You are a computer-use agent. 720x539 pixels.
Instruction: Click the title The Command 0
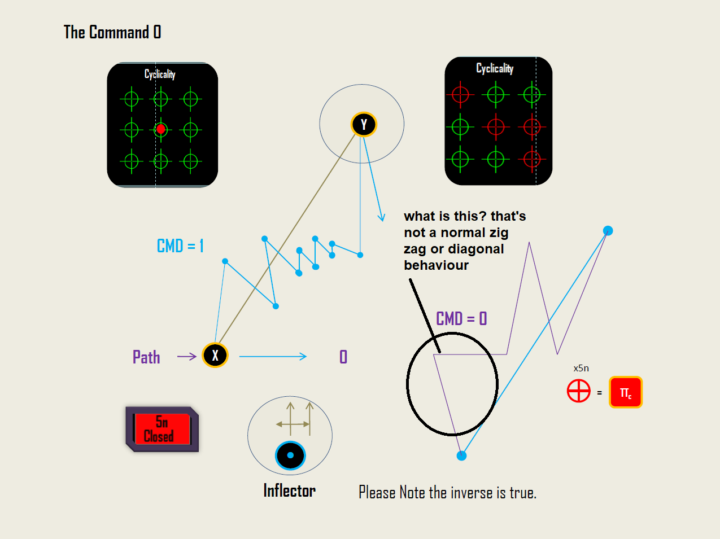112,32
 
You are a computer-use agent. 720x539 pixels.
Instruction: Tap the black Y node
364,124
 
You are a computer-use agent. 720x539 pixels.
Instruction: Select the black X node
215,355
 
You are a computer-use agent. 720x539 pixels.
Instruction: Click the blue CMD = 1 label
180,246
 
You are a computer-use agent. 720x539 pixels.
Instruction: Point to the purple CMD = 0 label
461,319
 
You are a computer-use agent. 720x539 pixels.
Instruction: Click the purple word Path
146,357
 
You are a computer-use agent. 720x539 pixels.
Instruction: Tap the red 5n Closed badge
162,429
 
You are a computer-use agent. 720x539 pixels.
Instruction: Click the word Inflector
289,490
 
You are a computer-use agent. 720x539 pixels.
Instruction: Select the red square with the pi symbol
626,392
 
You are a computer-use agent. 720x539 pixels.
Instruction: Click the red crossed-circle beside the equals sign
579,391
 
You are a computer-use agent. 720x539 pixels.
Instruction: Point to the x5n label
581,368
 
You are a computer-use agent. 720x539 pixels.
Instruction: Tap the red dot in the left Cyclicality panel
160,129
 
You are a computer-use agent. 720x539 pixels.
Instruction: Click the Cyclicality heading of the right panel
495,68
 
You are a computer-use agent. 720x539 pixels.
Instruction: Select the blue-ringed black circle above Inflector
290,455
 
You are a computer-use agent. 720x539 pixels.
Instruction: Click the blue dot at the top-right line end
608,230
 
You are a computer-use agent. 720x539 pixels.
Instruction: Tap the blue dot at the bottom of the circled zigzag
461,455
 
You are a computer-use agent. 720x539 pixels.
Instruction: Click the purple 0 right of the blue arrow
343,357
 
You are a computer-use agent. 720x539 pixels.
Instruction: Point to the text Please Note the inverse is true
447,493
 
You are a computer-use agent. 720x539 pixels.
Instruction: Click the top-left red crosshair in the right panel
460,94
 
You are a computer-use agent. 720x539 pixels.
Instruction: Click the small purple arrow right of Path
186,356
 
